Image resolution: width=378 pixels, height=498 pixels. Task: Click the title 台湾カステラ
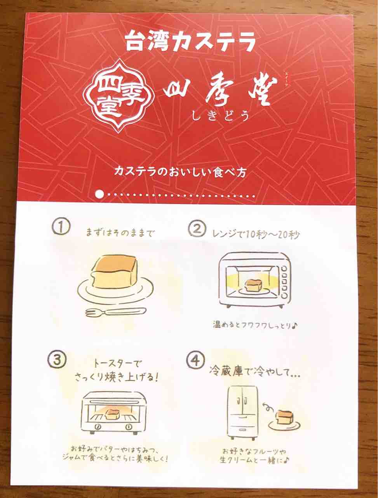pos(190,42)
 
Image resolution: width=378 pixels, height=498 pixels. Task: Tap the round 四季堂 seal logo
pos(118,95)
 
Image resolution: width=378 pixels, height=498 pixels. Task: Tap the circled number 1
pos(61,227)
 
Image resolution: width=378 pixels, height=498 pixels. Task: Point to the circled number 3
pos(57,359)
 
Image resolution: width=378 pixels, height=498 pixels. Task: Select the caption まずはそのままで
pos(120,233)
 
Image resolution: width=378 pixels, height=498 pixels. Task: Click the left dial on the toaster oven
pos(98,427)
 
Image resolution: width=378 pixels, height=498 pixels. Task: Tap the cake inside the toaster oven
pos(113,414)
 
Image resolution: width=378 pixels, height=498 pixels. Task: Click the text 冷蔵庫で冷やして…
pos(254,372)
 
